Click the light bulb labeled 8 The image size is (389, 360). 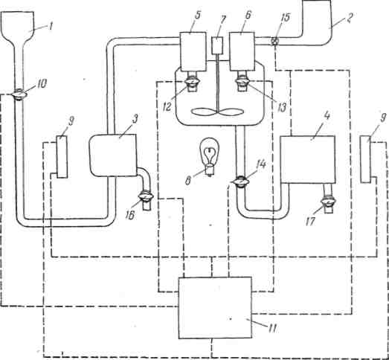210,157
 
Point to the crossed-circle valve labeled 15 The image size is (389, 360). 275,41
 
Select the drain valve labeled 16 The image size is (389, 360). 146,196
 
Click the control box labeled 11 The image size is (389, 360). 215,308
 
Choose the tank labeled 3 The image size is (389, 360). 113,155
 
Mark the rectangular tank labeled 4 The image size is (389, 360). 308,159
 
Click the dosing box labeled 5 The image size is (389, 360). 193,51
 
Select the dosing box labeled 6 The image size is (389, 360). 242,51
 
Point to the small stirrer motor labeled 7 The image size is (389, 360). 218,45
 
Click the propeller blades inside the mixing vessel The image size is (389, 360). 217,112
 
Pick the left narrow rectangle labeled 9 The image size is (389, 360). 62,157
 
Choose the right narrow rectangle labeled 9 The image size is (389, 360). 366,159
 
